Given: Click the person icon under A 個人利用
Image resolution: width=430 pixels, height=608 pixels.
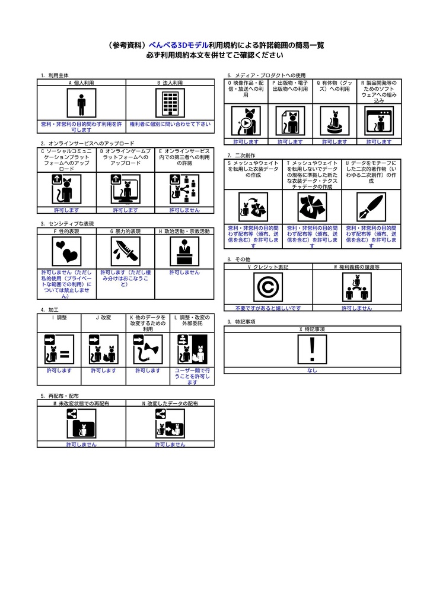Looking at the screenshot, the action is pyautogui.click(x=81, y=103).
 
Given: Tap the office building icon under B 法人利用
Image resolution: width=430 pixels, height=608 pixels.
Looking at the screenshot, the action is pyautogui.click(x=170, y=103).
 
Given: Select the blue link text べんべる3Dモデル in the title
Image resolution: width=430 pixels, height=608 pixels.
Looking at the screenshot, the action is pyautogui.click(x=179, y=45).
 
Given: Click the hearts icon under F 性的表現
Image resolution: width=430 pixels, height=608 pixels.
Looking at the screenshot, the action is pyautogui.click(x=66, y=251).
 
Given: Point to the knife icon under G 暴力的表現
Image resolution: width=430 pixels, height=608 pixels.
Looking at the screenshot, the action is pyautogui.click(x=126, y=251).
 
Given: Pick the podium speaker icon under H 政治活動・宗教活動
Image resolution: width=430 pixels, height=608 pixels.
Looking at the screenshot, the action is pyautogui.click(x=184, y=251).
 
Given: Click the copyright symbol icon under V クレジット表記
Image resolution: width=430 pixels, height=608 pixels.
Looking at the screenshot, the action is pyautogui.click(x=268, y=287).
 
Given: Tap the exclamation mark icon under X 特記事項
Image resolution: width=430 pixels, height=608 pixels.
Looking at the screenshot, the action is pyautogui.click(x=312, y=349).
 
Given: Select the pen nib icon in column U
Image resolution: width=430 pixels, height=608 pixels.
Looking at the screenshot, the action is pyautogui.click(x=371, y=207).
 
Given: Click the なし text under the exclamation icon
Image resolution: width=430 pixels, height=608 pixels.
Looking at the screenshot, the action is pyautogui.click(x=312, y=370).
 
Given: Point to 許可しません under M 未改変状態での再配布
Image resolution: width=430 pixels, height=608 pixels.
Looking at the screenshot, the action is pyautogui.click(x=81, y=444).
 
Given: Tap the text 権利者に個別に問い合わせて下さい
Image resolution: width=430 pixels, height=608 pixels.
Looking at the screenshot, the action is pyautogui.click(x=170, y=124).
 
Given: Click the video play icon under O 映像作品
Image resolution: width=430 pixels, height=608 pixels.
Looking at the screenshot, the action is pyautogui.click(x=246, y=121).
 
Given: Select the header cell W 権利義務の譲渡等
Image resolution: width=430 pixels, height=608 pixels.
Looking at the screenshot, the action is pyautogui.click(x=357, y=267).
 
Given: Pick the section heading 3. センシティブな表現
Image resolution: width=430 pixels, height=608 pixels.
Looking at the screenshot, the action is pyautogui.click(x=67, y=224).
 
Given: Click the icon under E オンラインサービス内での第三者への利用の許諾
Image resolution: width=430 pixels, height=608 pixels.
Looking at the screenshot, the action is pyautogui.click(x=184, y=189).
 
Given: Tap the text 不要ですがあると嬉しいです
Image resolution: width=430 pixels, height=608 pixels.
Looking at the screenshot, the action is pyautogui.click(x=268, y=308).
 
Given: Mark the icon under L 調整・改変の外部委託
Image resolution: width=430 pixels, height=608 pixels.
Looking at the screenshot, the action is pyautogui.click(x=192, y=349).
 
